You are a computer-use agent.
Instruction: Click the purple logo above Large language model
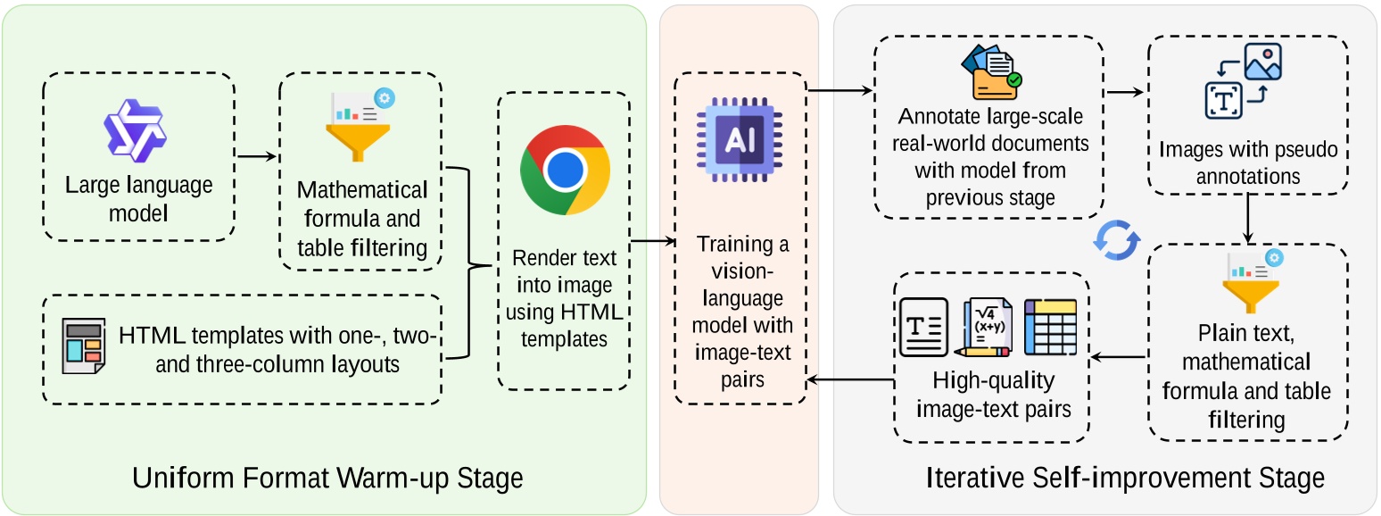coord(136,130)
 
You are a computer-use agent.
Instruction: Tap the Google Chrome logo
coord(565,170)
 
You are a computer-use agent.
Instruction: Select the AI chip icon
coord(740,139)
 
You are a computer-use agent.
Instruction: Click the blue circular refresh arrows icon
coord(1118,240)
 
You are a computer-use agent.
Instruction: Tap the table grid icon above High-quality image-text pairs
coord(1050,327)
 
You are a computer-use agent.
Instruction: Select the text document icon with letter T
coord(923,328)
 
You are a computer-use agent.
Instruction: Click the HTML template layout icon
coord(83,345)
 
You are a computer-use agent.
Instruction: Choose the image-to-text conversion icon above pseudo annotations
coord(1243,81)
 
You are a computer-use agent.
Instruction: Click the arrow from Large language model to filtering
coord(256,157)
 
